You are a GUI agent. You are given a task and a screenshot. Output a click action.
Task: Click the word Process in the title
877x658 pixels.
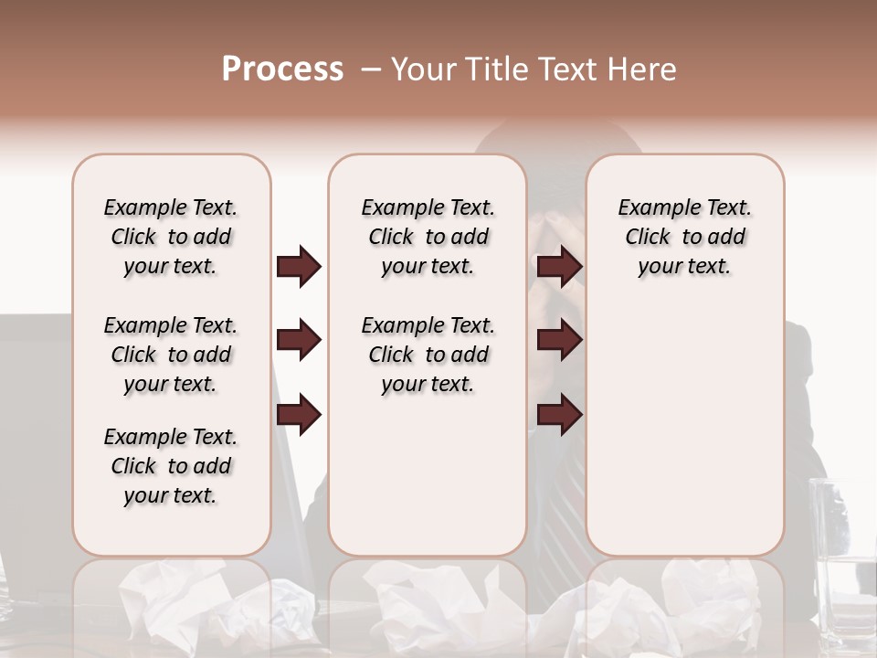[282, 69]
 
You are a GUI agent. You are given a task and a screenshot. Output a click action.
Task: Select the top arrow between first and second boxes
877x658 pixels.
[299, 266]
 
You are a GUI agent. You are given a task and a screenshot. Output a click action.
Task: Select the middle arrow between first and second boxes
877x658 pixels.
[299, 340]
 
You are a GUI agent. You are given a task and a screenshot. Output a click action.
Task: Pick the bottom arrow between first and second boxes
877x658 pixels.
[299, 415]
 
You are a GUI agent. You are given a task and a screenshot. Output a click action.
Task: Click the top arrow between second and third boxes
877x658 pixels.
[559, 266]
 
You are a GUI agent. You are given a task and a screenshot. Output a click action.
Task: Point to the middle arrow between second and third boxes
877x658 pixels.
[559, 340]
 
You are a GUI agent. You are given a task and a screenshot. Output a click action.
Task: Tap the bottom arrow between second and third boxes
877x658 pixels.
[559, 415]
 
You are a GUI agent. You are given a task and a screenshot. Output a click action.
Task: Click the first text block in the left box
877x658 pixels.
[171, 237]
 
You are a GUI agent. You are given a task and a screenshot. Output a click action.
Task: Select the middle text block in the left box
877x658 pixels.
[171, 355]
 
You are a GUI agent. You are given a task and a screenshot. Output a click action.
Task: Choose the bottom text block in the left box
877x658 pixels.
[171, 466]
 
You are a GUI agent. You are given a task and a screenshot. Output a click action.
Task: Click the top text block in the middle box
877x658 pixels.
[428, 237]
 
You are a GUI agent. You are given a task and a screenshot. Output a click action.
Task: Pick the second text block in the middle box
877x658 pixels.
[428, 355]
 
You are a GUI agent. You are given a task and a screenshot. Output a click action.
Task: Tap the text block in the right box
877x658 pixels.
[684, 237]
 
